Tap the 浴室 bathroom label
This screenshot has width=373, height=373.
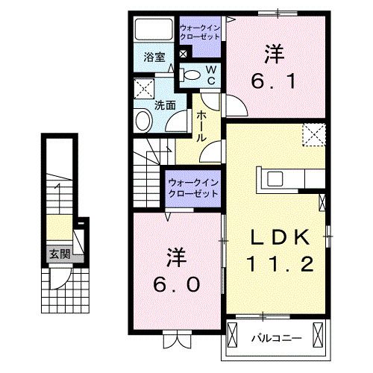pyautogui.click(x=154, y=56)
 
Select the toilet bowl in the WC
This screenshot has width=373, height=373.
pyautogui.click(x=191, y=74)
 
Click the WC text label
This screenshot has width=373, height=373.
pyautogui.click(x=211, y=74)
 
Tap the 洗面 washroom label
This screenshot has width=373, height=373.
pyautogui.click(x=165, y=105)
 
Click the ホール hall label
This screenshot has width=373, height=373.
pyautogui.click(x=201, y=126)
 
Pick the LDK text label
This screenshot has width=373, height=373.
pyautogui.click(x=278, y=236)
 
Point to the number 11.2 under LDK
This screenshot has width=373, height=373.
pyautogui.click(x=278, y=263)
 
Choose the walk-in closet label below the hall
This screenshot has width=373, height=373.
pyautogui.click(x=192, y=187)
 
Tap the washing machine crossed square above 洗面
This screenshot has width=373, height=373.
pyautogui.click(x=142, y=89)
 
